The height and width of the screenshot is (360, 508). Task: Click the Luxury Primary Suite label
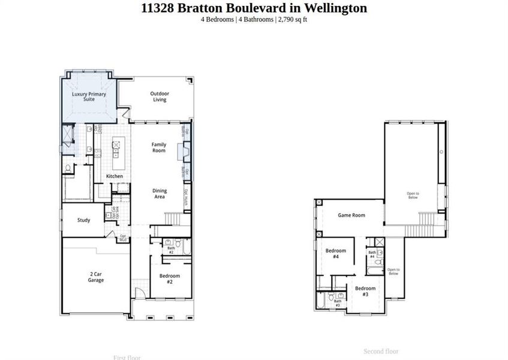coord(89,97)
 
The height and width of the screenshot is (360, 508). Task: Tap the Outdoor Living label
coord(159,97)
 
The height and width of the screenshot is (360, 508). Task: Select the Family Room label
coord(158,148)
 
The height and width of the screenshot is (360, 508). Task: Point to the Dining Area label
coord(159,194)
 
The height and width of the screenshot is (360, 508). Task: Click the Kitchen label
coord(115,176)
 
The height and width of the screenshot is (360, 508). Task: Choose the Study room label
coord(84,220)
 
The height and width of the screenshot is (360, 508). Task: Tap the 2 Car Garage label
coord(96,277)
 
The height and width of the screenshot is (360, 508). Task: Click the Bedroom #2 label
coord(170,279)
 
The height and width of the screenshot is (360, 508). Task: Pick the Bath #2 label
coord(170,250)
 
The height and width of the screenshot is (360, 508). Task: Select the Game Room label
coord(351,215)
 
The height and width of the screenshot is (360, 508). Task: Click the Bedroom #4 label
coord(336,253)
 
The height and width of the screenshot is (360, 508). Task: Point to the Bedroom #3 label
coord(365,291)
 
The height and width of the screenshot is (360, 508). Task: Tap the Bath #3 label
coord(337,304)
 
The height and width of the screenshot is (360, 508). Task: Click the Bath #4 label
coord(372,254)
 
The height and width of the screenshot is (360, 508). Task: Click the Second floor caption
coord(381,352)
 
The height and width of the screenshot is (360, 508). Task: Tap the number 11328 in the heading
coord(159,8)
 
